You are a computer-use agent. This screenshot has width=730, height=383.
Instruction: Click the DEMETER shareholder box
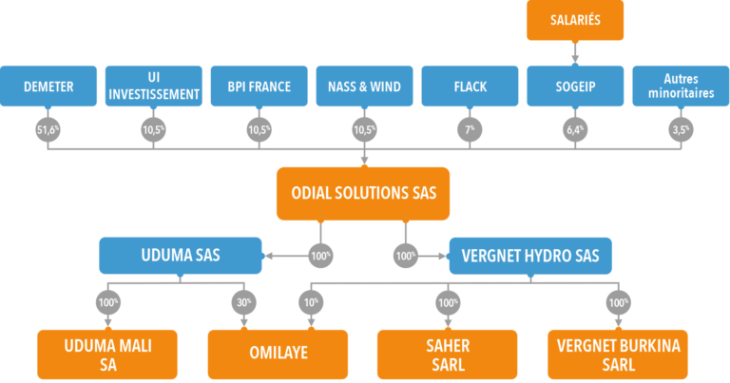49,86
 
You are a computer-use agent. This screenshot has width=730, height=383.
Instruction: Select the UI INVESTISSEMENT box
154,86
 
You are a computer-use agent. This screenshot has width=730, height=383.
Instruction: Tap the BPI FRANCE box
259,86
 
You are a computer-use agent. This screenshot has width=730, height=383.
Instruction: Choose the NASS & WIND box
363,86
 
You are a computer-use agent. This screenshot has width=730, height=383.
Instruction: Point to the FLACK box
469,86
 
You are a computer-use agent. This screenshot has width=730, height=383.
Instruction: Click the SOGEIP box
574,86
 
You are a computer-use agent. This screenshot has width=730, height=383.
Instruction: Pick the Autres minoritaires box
679,86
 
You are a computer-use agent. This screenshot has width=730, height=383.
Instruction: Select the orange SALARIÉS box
574,21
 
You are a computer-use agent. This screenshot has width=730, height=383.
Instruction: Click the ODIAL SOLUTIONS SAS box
364,194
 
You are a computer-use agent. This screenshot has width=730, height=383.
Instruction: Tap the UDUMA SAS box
180,256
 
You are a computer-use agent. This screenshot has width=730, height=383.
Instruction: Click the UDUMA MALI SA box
107,354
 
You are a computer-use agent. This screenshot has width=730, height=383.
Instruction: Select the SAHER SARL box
447,354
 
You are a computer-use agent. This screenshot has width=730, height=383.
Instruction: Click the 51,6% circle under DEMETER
48,130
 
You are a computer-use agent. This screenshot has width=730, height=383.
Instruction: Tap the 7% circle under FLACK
469,130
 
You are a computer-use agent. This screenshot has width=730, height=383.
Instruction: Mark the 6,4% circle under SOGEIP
574,130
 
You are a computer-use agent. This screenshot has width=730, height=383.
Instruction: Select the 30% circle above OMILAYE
243,303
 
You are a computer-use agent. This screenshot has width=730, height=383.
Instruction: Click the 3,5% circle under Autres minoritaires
679,130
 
